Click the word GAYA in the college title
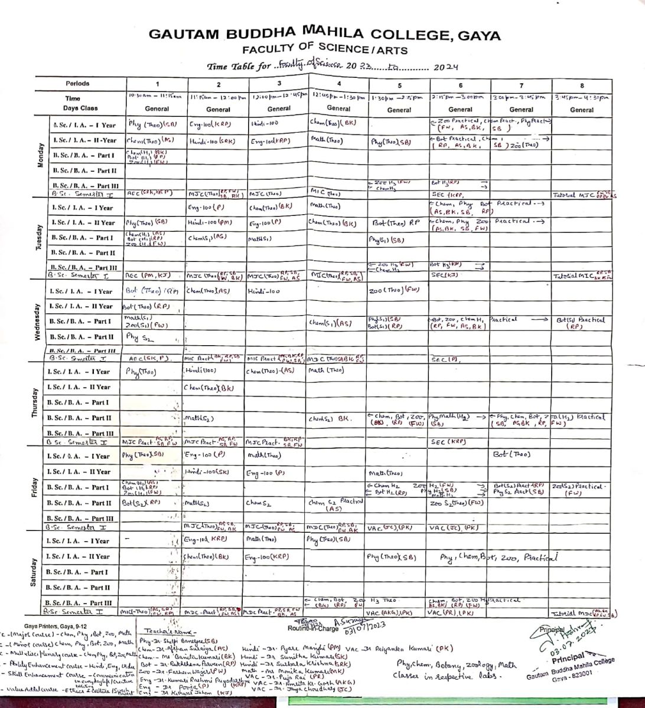[x=476, y=35]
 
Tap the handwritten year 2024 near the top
[x=446, y=67]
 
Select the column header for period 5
[x=399, y=85]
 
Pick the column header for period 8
[x=582, y=85]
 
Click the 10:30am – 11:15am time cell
[x=157, y=96]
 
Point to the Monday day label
[x=41, y=156]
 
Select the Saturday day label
[x=33, y=571]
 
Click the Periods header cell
[x=78, y=84]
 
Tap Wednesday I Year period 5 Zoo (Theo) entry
[x=394, y=291]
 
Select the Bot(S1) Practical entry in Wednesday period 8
[x=581, y=322]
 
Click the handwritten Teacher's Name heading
[x=161, y=630]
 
